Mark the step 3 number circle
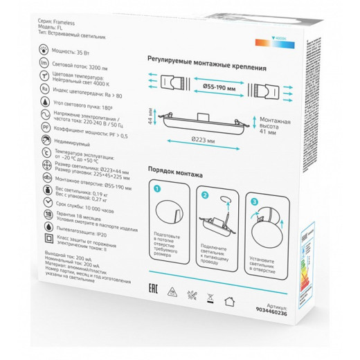pyautogui.click(x=255, y=202)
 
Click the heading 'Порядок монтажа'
pyautogui.click(x=174, y=170)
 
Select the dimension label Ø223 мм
pyautogui.click(x=205, y=141)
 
